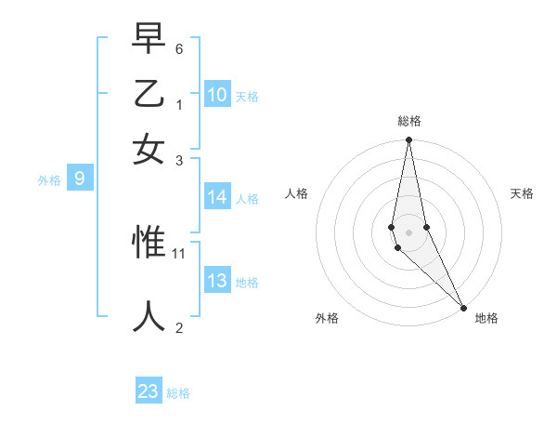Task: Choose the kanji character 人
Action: point(149,316)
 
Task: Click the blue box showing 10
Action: point(217,95)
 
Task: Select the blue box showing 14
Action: point(217,197)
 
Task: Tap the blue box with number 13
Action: point(217,281)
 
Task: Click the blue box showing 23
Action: point(149,391)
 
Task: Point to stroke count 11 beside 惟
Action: point(179,253)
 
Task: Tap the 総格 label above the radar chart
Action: point(409,121)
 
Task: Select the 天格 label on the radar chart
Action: point(522,193)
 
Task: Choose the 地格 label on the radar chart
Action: point(486,318)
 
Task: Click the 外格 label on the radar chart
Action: point(327,318)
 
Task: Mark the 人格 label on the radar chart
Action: point(296,193)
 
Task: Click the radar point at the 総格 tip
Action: point(408,140)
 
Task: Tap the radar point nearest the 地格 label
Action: point(462,306)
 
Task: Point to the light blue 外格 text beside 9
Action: point(49,180)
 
